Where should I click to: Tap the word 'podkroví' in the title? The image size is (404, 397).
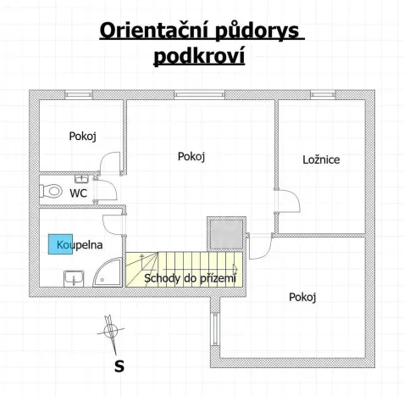[202, 57]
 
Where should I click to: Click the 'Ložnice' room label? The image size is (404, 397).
[321, 159]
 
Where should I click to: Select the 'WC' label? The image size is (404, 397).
[78, 193]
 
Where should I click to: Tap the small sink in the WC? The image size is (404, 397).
[82, 179]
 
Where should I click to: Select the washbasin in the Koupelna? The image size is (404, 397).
[72, 277]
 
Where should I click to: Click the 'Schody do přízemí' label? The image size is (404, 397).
[190, 277]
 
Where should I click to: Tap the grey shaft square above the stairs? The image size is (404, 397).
[225, 232]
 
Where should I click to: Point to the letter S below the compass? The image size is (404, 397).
[119, 366]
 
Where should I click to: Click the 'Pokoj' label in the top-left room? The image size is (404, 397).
[82, 136]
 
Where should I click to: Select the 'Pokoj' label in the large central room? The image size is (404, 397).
[192, 156]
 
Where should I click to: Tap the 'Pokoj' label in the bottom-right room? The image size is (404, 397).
[302, 297]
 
